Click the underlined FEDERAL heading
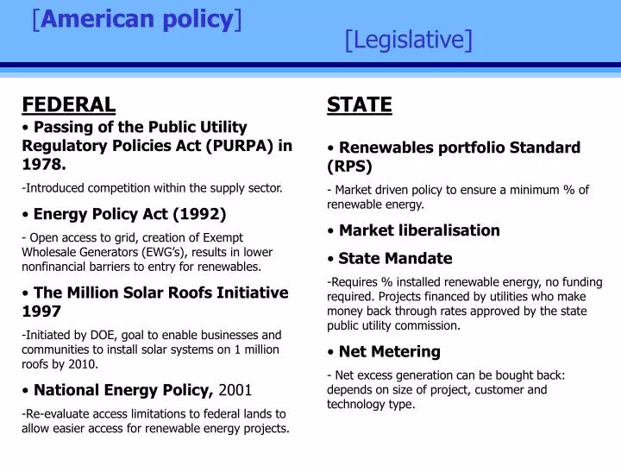point(68,105)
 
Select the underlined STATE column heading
point(359,105)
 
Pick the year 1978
point(43,164)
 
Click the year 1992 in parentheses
point(199,213)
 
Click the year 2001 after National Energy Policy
point(235,389)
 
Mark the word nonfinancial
point(55,267)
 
